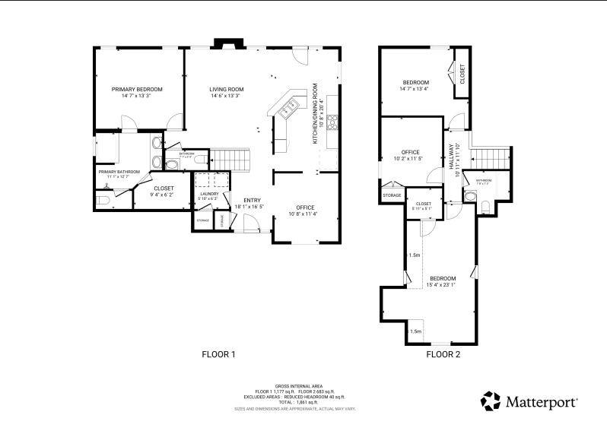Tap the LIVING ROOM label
point(225,89)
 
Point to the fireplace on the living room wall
point(225,44)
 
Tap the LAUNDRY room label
point(209,194)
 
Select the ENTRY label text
point(253,200)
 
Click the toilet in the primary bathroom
point(103,200)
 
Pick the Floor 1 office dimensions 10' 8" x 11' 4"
point(305,214)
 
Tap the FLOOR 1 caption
point(218,354)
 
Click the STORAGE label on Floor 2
point(392,195)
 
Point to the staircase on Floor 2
point(489,158)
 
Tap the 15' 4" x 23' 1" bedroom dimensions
point(442,286)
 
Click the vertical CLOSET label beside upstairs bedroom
point(461,74)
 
